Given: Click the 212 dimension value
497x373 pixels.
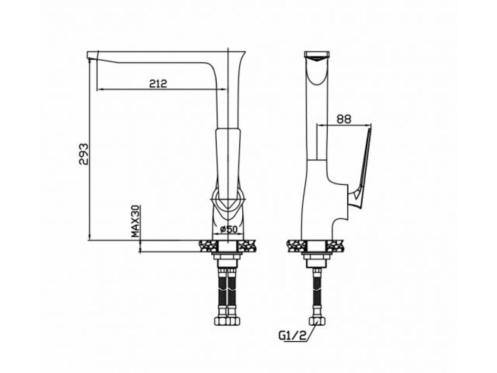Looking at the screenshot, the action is pyautogui.click(x=158, y=84).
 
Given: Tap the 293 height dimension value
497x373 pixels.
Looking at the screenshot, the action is pyautogui.click(x=83, y=154).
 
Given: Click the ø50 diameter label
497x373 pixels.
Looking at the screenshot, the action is pyautogui.click(x=228, y=230).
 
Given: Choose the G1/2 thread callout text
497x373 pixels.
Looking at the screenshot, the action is pyautogui.click(x=292, y=342).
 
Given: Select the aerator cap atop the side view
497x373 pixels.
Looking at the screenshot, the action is pyautogui.click(x=317, y=55).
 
